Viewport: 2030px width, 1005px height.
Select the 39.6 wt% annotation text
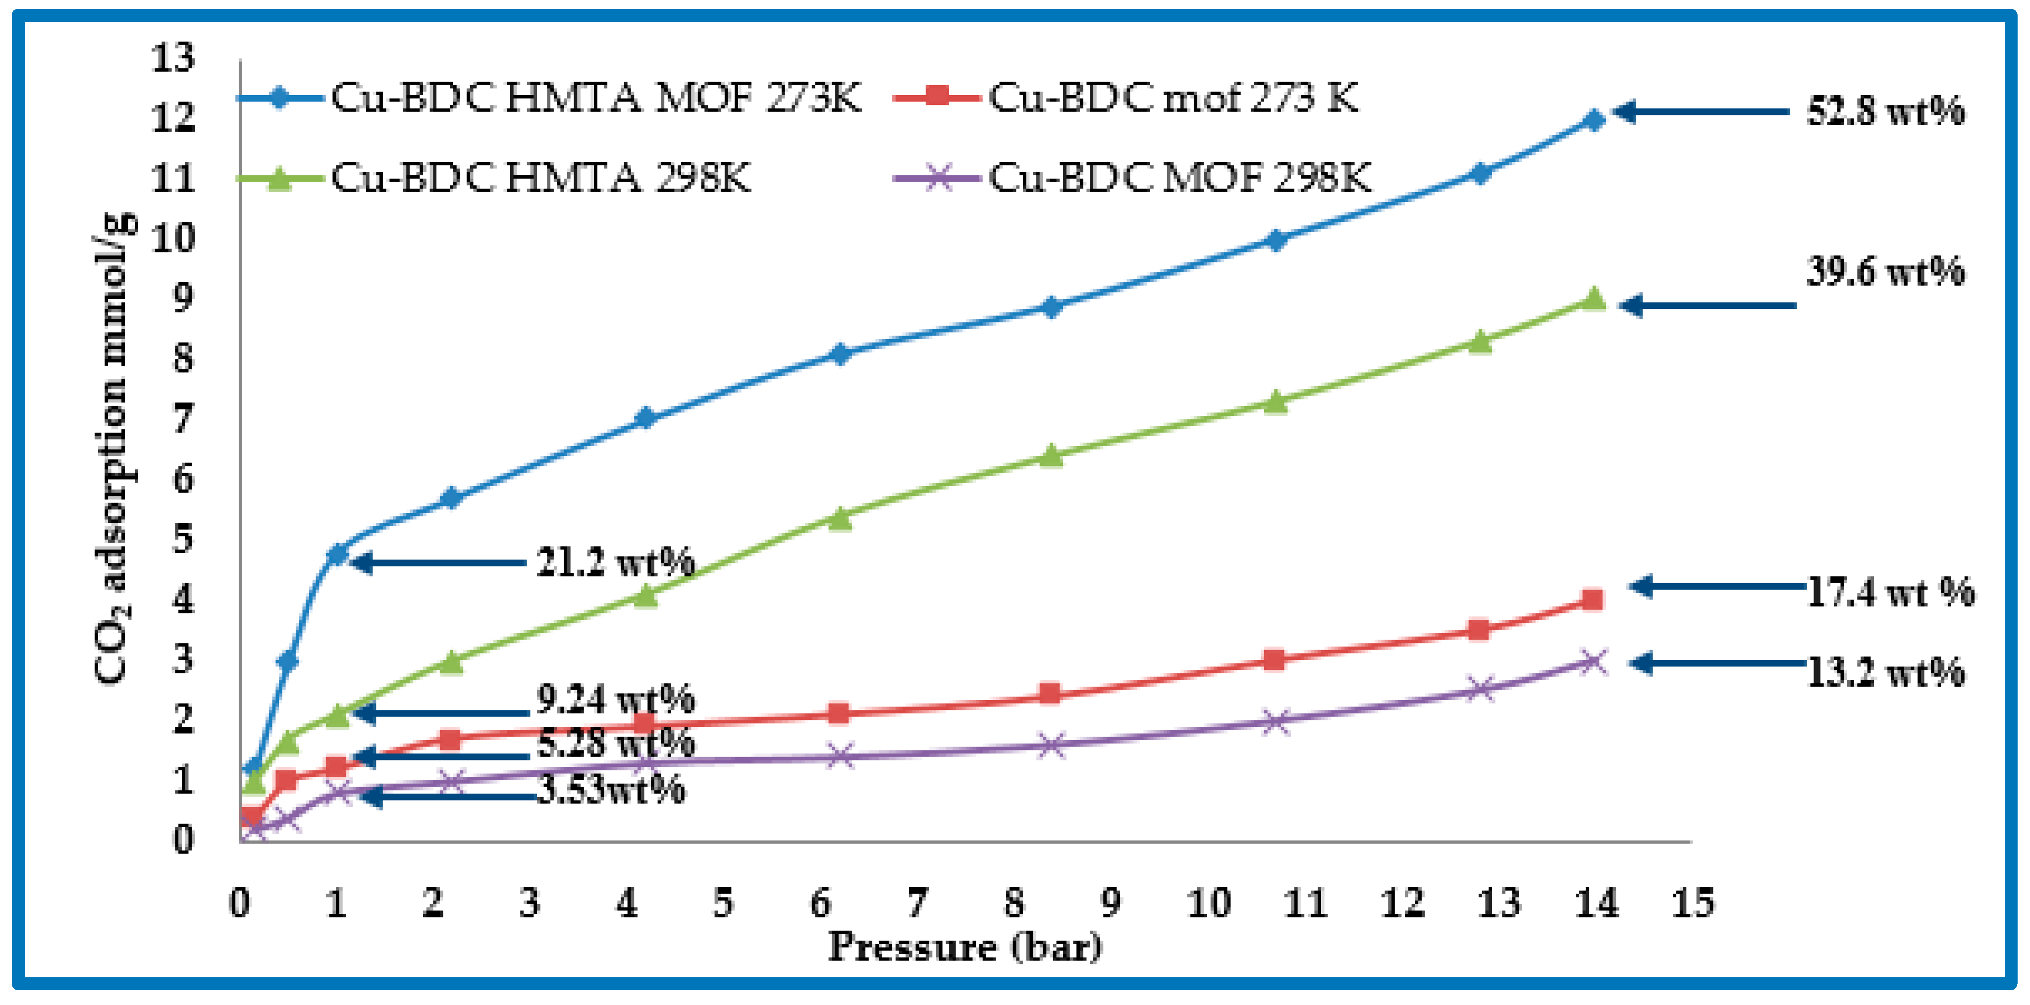(x=1885, y=272)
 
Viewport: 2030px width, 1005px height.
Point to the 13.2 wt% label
(x=1885, y=672)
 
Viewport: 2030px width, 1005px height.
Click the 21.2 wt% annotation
(x=615, y=562)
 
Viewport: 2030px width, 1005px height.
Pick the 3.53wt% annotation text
(x=611, y=789)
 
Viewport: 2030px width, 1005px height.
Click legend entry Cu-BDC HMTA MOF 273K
(x=595, y=99)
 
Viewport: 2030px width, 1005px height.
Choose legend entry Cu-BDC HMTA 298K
(x=540, y=178)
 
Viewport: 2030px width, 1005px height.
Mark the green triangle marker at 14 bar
(x=1594, y=299)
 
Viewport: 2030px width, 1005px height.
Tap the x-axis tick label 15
(x=1693, y=904)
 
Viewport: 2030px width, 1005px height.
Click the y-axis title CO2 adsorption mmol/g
(x=112, y=449)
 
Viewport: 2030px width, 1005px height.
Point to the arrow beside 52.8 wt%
(x=1702, y=112)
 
